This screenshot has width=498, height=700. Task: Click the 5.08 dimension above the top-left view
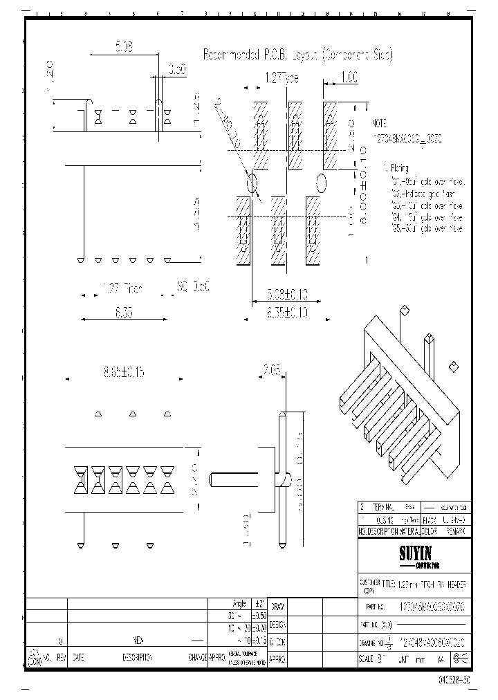[124, 47]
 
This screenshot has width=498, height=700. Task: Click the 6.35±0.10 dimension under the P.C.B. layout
[285, 313]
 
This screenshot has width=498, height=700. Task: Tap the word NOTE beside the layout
[381, 122]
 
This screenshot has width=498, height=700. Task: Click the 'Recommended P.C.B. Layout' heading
[297, 55]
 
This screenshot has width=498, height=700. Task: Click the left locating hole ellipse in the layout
[252, 183]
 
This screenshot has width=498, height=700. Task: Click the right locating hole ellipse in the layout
[321, 183]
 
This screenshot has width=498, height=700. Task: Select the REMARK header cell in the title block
[455, 531]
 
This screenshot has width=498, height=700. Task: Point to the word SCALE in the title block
[367, 659]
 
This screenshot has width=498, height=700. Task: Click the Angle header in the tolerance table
[240, 604]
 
